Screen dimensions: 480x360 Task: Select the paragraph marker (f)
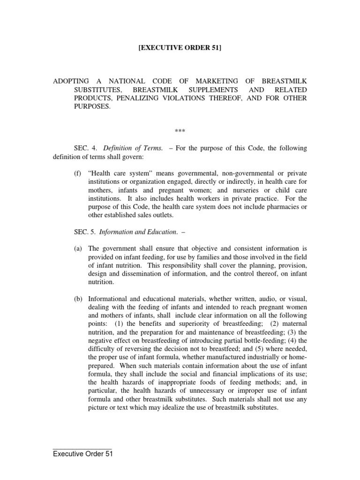click(77, 174)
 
